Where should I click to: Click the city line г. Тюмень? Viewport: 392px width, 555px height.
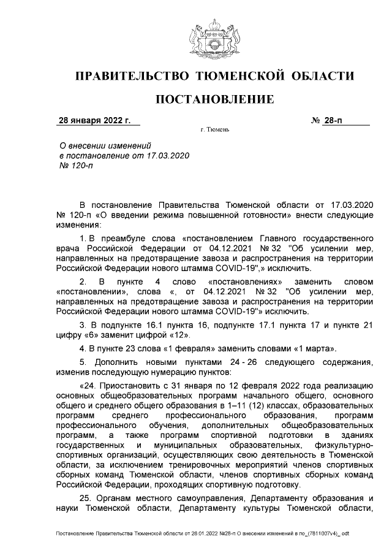click(214, 130)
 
